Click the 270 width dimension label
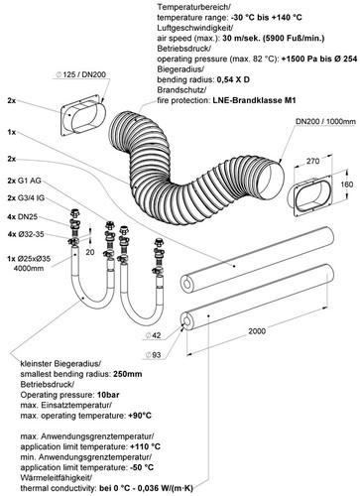point(312,161)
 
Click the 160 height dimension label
point(346,185)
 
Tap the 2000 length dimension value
point(257,331)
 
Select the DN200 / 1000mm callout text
point(325,122)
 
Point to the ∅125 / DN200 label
point(80,74)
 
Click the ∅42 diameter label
point(153,335)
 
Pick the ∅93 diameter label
point(153,355)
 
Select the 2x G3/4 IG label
point(26,198)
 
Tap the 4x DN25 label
point(23,217)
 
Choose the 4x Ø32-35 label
point(26,234)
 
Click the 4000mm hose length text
point(29,268)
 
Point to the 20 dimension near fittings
point(90,252)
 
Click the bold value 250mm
point(128,374)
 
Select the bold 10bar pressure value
point(108,395)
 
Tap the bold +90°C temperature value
point(140,416)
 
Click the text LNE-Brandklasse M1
point(253,100)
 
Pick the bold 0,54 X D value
point(233,79)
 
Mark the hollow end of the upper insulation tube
point(187,284)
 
